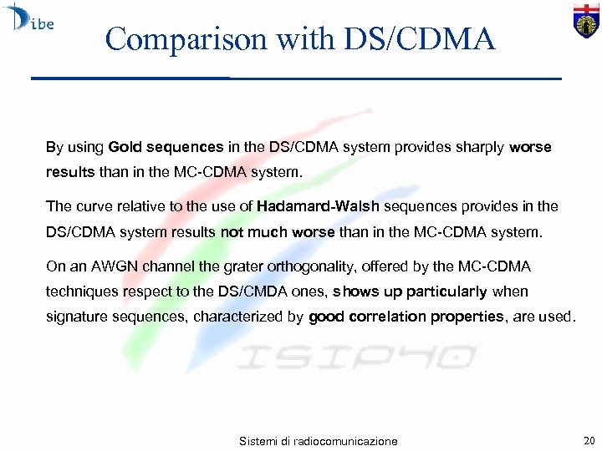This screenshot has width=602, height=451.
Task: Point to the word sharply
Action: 481,147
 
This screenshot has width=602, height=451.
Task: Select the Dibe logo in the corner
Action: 30,18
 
